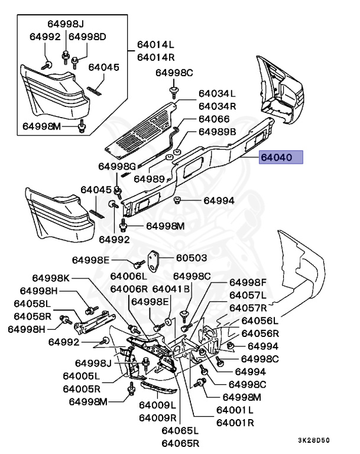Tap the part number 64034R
click(217, 106)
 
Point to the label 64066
click(214, 119)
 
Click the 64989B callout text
click(217, 131)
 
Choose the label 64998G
click(117, 166)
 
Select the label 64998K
click(51, 278)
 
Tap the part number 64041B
click(171, 289)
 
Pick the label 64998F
click(248, 283)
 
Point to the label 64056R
click(259, 333)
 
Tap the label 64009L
click(157, 406)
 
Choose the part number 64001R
click(235, 423)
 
